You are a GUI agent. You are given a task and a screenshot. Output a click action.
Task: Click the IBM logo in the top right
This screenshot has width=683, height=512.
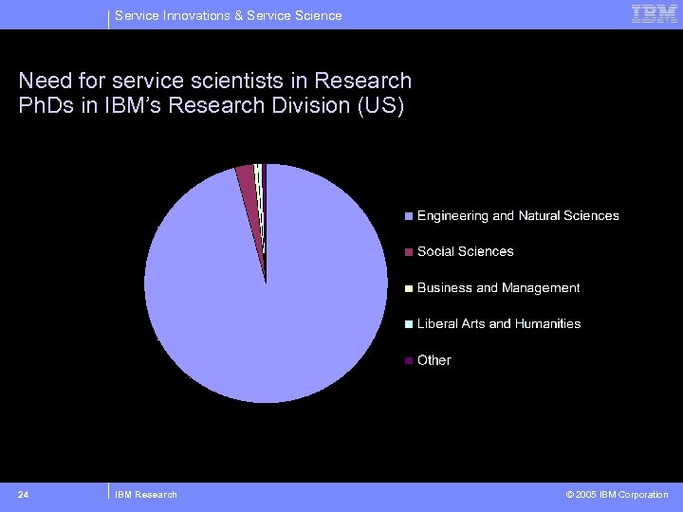(654, 13)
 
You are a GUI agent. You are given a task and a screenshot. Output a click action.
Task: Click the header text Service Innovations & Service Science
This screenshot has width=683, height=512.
(228, 15)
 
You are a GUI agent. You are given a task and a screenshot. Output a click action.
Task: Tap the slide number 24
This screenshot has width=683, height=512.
(23, 494)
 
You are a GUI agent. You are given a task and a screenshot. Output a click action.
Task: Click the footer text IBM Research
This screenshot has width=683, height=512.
(145, 494)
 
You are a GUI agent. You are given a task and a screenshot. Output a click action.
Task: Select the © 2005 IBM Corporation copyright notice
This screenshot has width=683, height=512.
(617, 494)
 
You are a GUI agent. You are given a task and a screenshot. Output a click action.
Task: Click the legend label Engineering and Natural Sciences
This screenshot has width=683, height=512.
(518, 216)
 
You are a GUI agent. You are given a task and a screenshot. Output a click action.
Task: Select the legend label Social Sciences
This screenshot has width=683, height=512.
(465, 251)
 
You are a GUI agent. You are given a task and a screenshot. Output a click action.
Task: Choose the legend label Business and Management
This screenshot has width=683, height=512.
(498, 287)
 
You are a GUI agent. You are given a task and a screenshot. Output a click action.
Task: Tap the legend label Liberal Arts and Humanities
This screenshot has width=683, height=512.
(499, 323)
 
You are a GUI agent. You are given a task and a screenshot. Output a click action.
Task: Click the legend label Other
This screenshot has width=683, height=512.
(434, 360)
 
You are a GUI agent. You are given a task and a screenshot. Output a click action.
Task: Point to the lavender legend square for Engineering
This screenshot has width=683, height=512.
(409, 216)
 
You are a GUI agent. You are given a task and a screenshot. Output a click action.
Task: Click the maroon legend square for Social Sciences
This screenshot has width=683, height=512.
(409, 252)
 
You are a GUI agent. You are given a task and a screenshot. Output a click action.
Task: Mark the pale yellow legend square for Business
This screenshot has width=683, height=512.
(409, 288)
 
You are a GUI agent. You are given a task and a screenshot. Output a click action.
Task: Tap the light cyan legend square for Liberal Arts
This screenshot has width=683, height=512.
(409, 324)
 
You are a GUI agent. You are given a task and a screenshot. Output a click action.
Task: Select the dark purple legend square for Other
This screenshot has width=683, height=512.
(409, 360)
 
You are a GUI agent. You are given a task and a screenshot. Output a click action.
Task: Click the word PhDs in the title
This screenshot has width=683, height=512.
(45, 105)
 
